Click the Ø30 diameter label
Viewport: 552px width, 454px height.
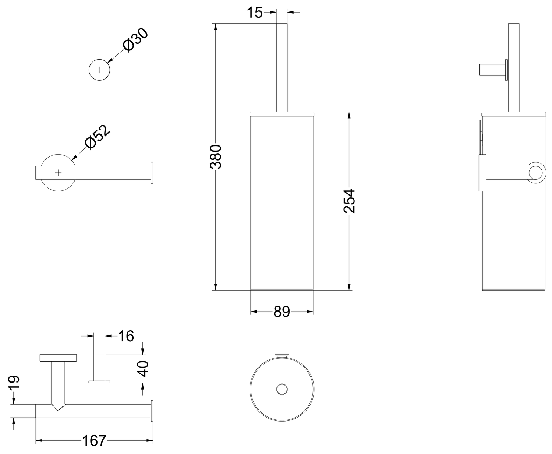(135, 40)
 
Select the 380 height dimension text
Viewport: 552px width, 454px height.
(216, 156)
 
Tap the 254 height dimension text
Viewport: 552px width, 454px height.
(350, 201)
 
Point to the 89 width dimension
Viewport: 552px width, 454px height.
(282, 312)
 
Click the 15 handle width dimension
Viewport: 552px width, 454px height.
(255, 12)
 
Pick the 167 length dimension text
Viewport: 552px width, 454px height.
(94, 441)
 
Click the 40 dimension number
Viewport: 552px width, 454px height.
(144, 369)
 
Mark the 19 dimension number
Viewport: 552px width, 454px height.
(14, 383)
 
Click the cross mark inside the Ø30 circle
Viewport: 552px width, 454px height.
(99, 70)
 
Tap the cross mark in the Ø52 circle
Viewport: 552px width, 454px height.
(58, 173)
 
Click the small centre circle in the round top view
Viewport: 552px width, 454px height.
(282, 389)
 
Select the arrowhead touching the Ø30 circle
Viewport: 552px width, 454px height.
(110, 60)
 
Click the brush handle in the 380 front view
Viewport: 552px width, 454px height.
(282, 67)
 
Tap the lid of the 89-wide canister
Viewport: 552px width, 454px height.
(282, 114)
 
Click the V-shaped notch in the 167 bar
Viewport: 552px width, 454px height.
(58, 407)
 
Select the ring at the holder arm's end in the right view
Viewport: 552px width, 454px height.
(535, 173)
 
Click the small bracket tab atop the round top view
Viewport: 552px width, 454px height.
(282, 356)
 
